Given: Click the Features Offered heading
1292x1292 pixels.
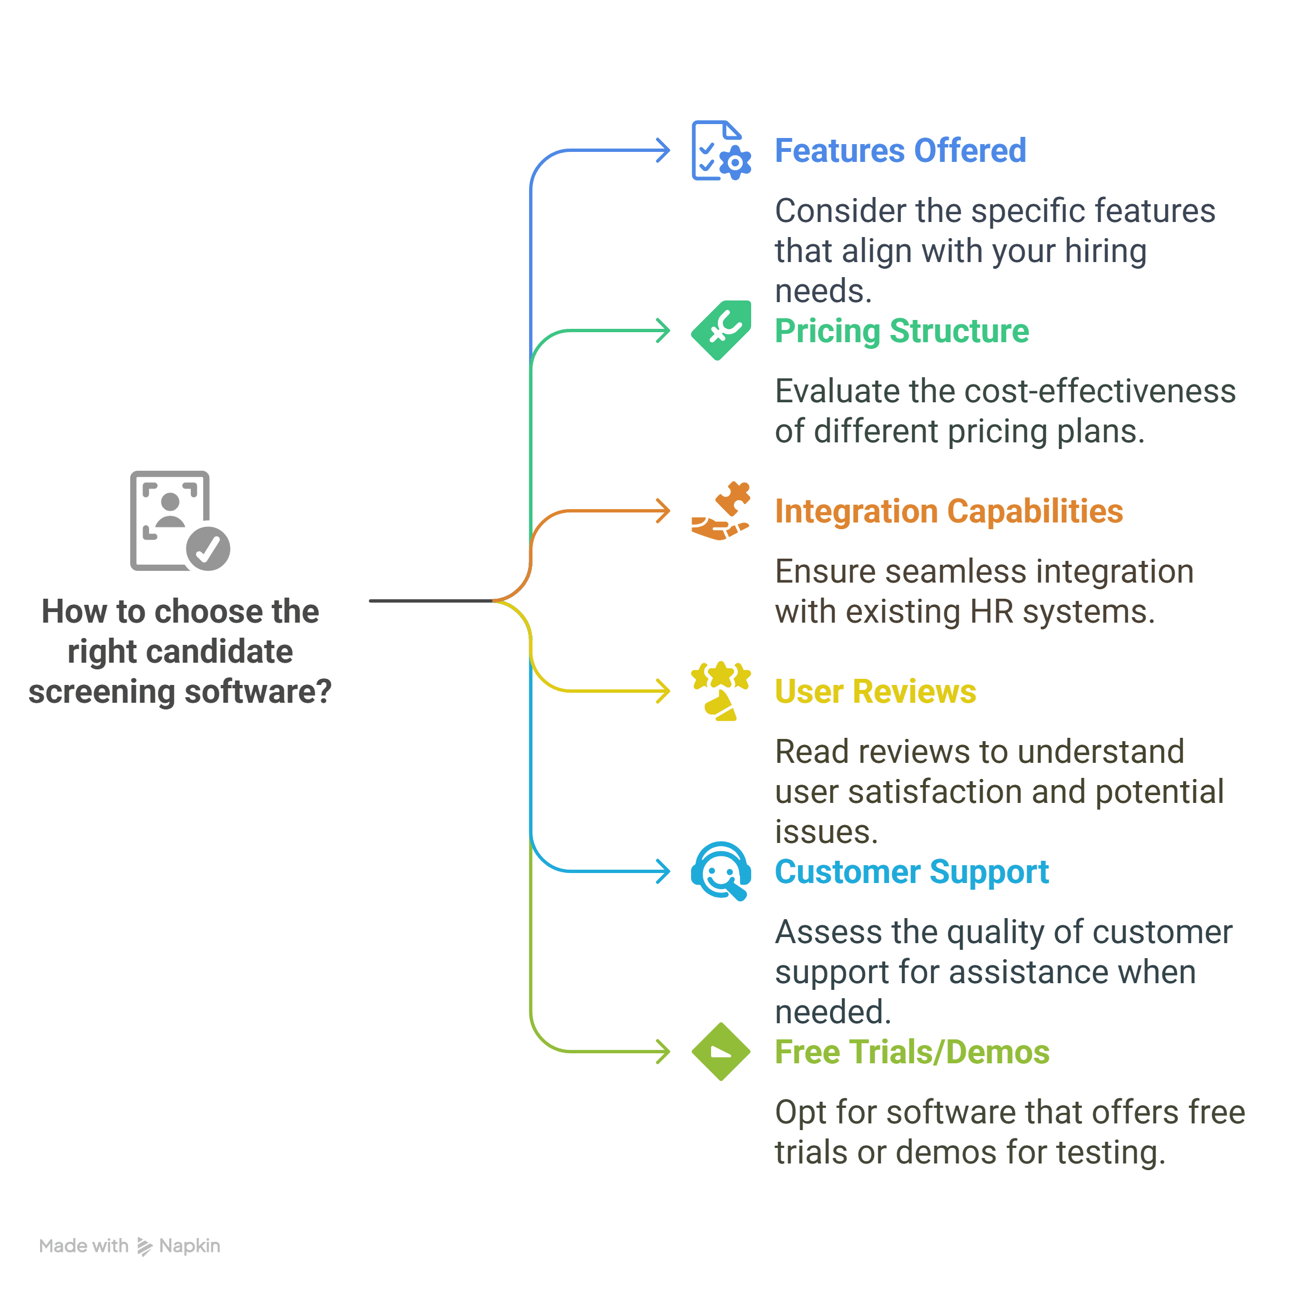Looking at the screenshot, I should pos(900,150).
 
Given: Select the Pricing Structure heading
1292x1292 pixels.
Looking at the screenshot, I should pos(901,331).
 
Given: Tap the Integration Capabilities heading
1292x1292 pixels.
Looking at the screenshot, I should pos(948,511).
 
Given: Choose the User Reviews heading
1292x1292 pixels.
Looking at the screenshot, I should pos(875,692).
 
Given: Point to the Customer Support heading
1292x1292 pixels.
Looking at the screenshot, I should pos(911,871).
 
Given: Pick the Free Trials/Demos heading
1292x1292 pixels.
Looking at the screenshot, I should pos(911,1052).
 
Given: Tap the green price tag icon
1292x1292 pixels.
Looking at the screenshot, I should pos(720,331).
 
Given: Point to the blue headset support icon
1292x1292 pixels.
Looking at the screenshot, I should pos(720,871).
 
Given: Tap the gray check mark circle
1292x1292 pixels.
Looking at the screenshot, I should pos(208,549).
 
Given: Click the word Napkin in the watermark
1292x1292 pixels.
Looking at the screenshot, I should pos(189,1246).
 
